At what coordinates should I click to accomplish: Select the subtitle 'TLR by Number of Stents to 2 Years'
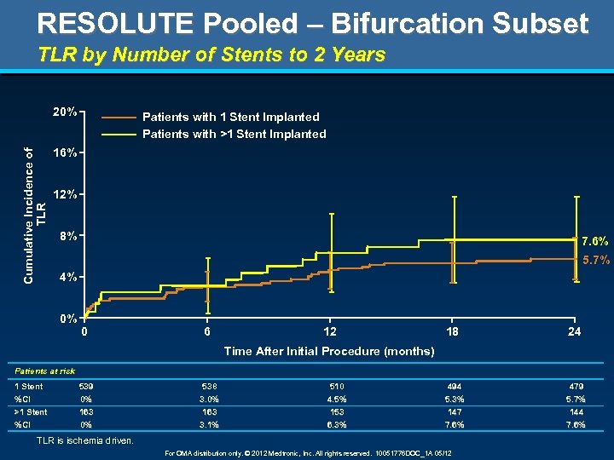point(211,55)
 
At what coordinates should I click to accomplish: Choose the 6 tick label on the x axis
point(207,332)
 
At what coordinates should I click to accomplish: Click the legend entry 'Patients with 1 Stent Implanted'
point(230,117)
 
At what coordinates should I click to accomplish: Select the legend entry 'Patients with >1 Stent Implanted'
point(234,134)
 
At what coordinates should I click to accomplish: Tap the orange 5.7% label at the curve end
point(595,261)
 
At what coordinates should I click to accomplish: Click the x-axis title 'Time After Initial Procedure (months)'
point(328,351)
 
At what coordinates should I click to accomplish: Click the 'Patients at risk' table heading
point(44,371)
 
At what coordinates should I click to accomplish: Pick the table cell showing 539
point(86,386)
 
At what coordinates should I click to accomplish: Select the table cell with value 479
point(576,386)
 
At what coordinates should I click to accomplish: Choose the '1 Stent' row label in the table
point(29,386)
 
